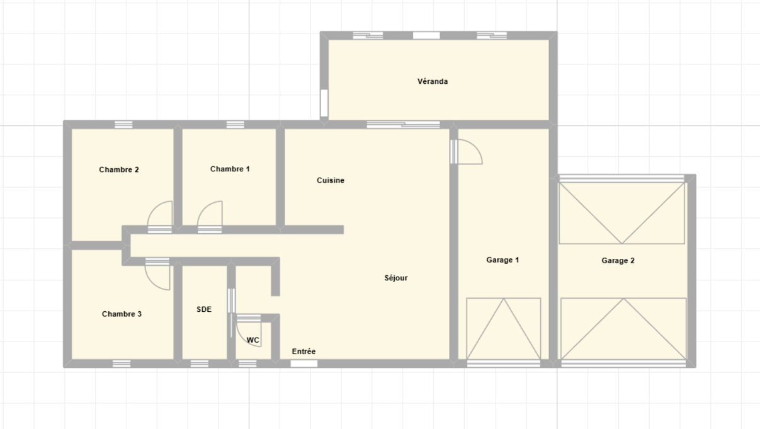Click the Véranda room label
(x=433, y=82)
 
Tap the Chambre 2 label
(x=119, y=170)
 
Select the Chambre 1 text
(x=230, y=169)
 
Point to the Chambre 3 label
(x=122, y=314)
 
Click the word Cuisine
(x=331, y=181)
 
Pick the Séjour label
(x=396, y=278)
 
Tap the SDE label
(x=204, y=310)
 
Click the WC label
(x=252, y=341)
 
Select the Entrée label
(x=303, y=352)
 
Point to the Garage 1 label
(x=502, y=260)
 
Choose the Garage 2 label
(x=618, y=261)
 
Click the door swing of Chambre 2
(x=161, y=215)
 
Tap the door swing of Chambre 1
(x=211, y=215)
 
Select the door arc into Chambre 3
(x=158, y=275)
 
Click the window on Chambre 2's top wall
(x=123, y=125)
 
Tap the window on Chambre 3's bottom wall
(x=122, y=363)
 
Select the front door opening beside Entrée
(x=304, y=363)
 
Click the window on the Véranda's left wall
(x=324, y=103)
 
